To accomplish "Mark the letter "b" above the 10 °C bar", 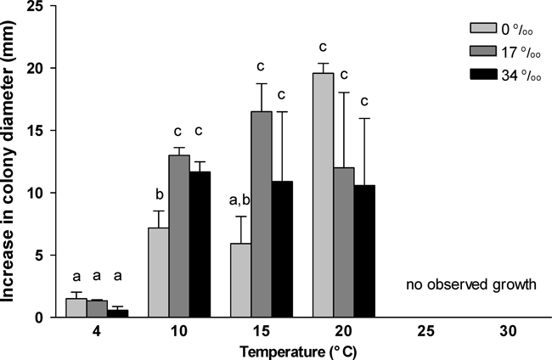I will pyautogui.click(x=159, y=195).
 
